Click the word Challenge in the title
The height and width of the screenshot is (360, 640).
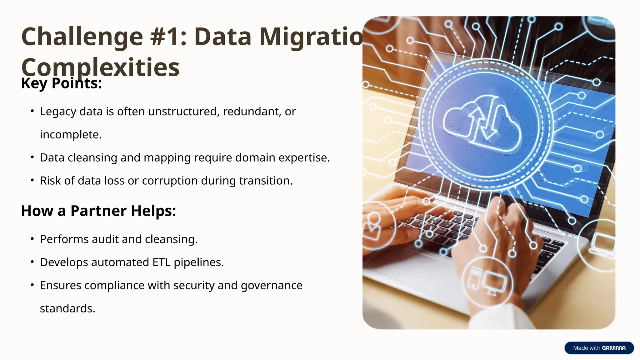pos(82,37)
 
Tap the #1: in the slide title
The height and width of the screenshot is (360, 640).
pos(168,37)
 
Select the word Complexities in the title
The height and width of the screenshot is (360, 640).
pos(100,67)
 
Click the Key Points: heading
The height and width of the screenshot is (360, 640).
pos(62,83)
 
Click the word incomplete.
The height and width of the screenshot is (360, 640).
pos(71,135)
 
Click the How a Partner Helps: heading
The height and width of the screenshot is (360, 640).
pos(98,211)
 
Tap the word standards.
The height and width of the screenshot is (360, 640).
pos(67,308)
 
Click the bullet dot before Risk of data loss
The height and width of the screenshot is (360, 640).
pos(32,180)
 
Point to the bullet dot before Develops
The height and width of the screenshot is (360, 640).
pos(32,262)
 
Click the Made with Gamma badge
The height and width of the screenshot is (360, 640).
pos(599,348)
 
